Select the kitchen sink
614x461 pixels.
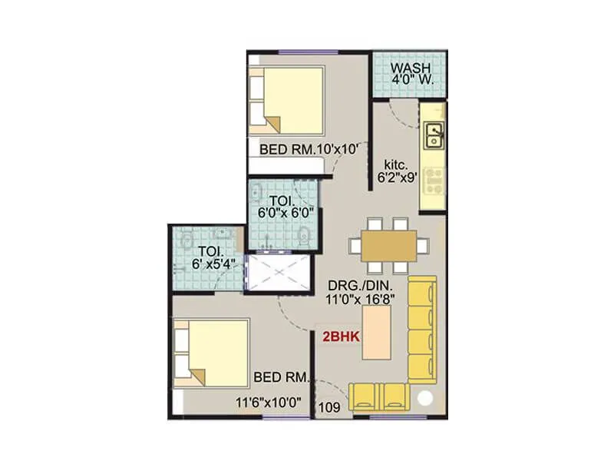[x=434, y=136]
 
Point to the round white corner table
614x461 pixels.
[x=425, y=400]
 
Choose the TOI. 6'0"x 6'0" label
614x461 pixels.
[x=284, y=209]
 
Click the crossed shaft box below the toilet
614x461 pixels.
[x=278, y=273]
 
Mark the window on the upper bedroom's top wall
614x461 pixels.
[x=298, y=51]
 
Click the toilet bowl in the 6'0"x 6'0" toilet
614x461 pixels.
[x=305, y=236]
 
